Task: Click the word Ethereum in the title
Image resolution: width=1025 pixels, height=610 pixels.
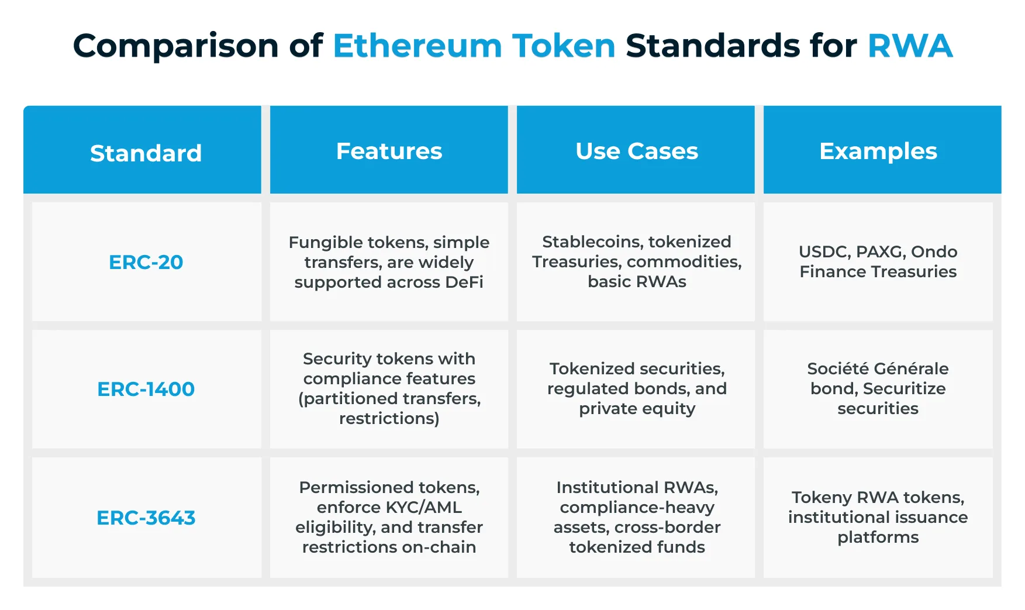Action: click(x=417, y=46)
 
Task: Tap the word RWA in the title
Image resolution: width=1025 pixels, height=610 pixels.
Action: click(x=910, y=46)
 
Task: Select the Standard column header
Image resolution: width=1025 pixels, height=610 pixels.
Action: click(x=146, y=153)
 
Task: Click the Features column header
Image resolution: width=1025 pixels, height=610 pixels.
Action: click(x=389, y=151)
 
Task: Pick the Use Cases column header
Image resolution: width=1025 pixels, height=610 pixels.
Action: click(x=637, y=151)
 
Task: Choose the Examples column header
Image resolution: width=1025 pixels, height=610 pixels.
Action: click(x=878, y=151)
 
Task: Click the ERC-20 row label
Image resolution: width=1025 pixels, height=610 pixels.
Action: click(x=146, y=262)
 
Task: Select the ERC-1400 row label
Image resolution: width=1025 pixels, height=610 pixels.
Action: click(x=146, y=389)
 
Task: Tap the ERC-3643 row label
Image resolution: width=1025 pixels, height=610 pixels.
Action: click(x=146, y=518)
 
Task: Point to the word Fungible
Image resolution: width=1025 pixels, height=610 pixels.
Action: click(x=324, y=243)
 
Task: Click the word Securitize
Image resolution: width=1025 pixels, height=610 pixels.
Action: click(x=904, y=388)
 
